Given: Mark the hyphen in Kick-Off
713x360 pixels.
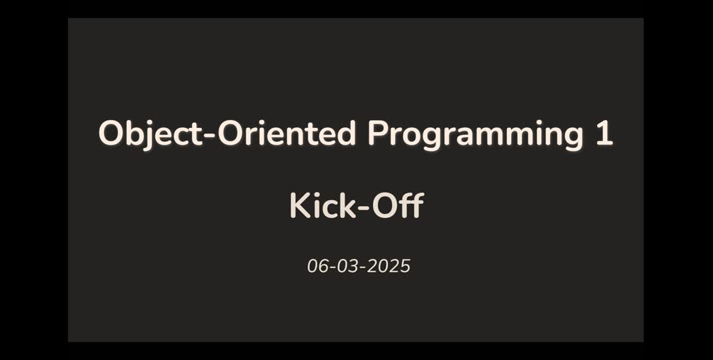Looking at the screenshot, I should pos(363,207).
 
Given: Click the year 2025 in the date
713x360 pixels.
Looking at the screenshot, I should pos(390,267).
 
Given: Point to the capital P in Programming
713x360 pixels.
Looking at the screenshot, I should pos(377,134).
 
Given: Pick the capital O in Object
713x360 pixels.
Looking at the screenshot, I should pos(110,134).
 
